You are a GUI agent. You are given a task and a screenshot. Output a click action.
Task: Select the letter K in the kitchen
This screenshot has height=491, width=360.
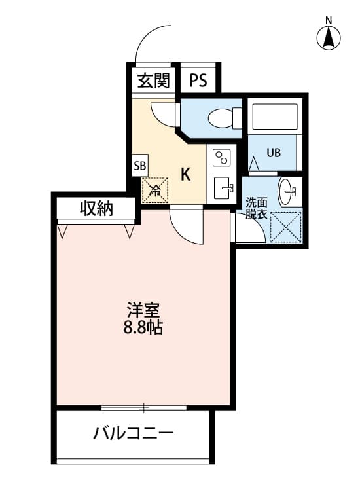click(x=186, y=174)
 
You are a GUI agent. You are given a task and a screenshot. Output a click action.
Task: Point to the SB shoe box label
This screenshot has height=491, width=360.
click(x=140, y=165)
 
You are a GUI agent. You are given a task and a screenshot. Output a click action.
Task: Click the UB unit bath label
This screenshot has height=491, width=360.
click(x=273, y=153)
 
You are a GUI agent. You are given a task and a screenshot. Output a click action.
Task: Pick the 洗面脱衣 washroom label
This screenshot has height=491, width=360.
click(x=256, y=208)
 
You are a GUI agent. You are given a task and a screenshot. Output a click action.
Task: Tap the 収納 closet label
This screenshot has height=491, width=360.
click(x=96, y=209)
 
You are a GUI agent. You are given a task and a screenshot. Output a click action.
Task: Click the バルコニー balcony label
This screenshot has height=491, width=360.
click(x=133, y=433)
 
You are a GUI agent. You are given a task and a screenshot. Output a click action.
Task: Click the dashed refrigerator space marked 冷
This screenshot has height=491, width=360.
click(x=156, y=191)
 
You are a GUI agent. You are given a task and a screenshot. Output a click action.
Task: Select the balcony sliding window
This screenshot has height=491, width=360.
click(x=144, y=408)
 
